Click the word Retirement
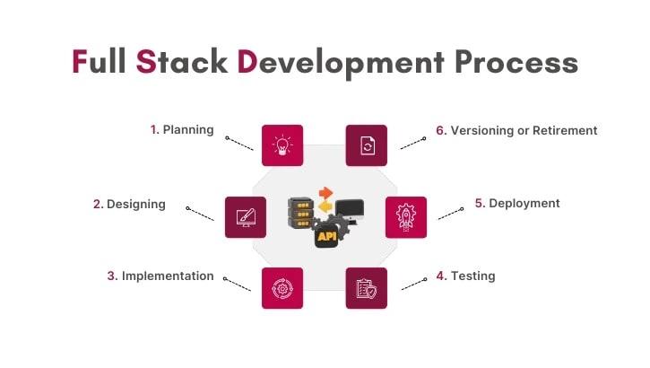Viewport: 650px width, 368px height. pyautogui.click(x=558, y=130)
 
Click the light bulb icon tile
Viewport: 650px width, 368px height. pyautogui.click(x=282, y=145)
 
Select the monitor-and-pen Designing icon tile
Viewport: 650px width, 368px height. pyautogui.click(x=246, y=216)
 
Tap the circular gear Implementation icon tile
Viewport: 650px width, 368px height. pyautogui.click(x=282, y=288)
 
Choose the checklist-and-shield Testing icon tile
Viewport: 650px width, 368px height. pyautogui.click(x=367, y=288)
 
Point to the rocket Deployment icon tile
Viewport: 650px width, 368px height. pyautogui.click(x=405, y=216)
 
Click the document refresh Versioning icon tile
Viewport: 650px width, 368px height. pyautogui.click(x=367, y=145)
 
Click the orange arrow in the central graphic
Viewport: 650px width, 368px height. pyautogui.click(x=326, y=191)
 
